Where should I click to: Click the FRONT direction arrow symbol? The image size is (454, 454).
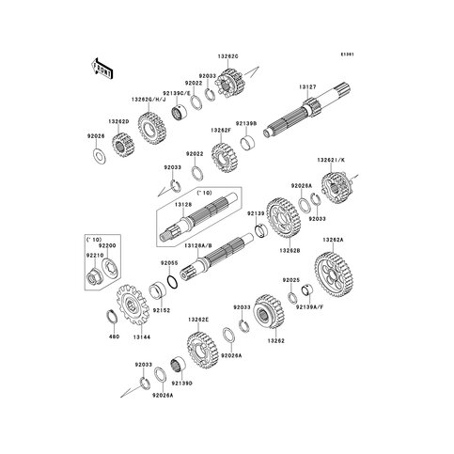[101, 68]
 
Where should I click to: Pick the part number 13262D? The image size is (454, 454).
[118, 122]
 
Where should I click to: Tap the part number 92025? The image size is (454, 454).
[291, 280]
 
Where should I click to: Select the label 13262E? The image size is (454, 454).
[198, 320]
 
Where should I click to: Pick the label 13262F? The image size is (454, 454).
[221, 131]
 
